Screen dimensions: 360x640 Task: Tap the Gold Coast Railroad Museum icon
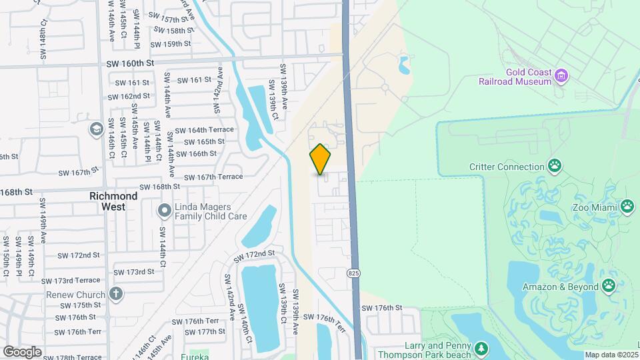click(561, 75)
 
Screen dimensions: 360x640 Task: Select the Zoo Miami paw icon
click(627, 206)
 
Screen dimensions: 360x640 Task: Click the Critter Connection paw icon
click(554, 165)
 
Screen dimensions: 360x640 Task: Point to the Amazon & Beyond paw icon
click(609, 286)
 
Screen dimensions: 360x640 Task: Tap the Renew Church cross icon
click(116, 293)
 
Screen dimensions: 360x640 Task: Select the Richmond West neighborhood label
click(114, 202)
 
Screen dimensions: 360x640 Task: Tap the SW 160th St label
click(130, 63)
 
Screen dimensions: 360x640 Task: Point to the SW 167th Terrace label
click(213, 177)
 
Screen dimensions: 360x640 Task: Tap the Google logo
click(22, 351)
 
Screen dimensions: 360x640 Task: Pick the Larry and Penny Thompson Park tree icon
click(481, 349)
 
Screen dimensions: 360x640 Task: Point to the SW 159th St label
click(171, 44)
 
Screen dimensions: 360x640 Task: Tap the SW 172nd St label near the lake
click(254, 254)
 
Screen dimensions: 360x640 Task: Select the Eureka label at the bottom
click(195, 356)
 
